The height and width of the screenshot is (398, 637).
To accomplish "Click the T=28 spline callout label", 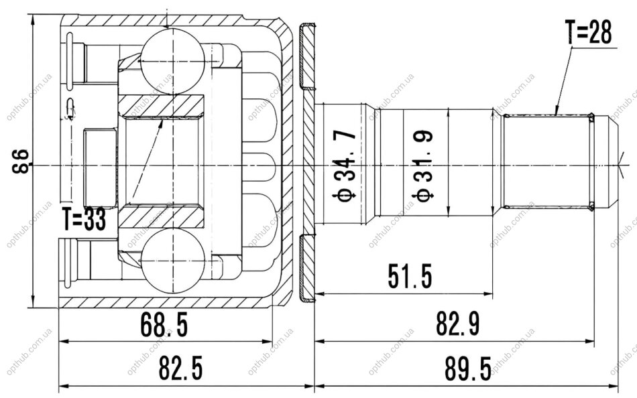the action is tap(588, 32).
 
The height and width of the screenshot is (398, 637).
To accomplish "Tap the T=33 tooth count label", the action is tap(84, 219).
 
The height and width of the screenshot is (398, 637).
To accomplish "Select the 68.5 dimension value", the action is tap(164, 326).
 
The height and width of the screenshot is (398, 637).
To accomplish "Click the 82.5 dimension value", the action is tap(180, 368).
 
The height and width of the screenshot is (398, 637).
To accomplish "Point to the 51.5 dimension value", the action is tap(410, 276).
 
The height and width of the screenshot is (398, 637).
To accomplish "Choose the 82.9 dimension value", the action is tap(458, 324).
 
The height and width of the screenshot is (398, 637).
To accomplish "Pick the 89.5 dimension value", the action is tap(468, 368).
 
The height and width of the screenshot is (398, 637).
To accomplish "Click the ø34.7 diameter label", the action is tap(345, 165).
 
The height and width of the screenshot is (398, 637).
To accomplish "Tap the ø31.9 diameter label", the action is tap(423, 165).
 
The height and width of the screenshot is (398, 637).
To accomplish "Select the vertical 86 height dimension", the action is tap(21, 161).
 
